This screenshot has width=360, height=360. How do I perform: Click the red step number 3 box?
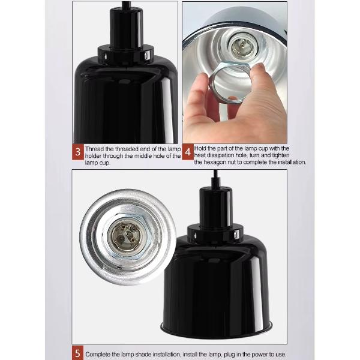click(78, 152)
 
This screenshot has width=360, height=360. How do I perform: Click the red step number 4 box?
click(188, 152)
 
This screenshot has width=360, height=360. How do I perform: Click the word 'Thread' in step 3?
click(94, 149)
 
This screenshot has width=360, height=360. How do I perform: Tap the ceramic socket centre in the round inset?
click(125, 234)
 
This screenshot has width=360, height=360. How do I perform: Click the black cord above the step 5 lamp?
click(215, 179)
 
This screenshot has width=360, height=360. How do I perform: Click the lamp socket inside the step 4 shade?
click(241, 46)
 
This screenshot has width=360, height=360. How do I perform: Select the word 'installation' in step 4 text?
click(292, 163)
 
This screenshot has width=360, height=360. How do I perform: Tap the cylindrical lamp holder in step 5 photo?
click(215, 206)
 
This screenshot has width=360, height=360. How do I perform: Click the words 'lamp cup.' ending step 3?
click(98, 163)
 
